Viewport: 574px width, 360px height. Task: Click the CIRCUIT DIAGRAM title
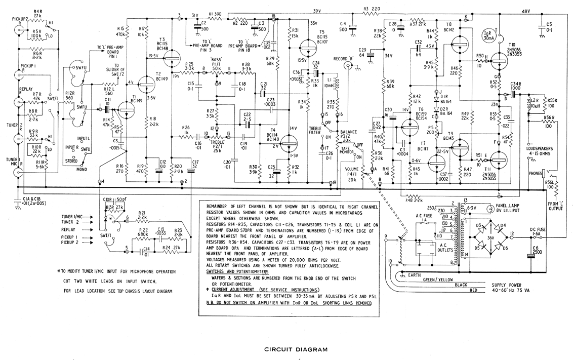point(296,349)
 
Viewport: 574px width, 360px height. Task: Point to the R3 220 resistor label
point(372,9)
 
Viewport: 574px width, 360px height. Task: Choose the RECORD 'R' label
point(343,59)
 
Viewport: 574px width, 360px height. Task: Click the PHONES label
point(535,174)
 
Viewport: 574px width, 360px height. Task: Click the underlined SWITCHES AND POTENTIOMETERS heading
point(237,271)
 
